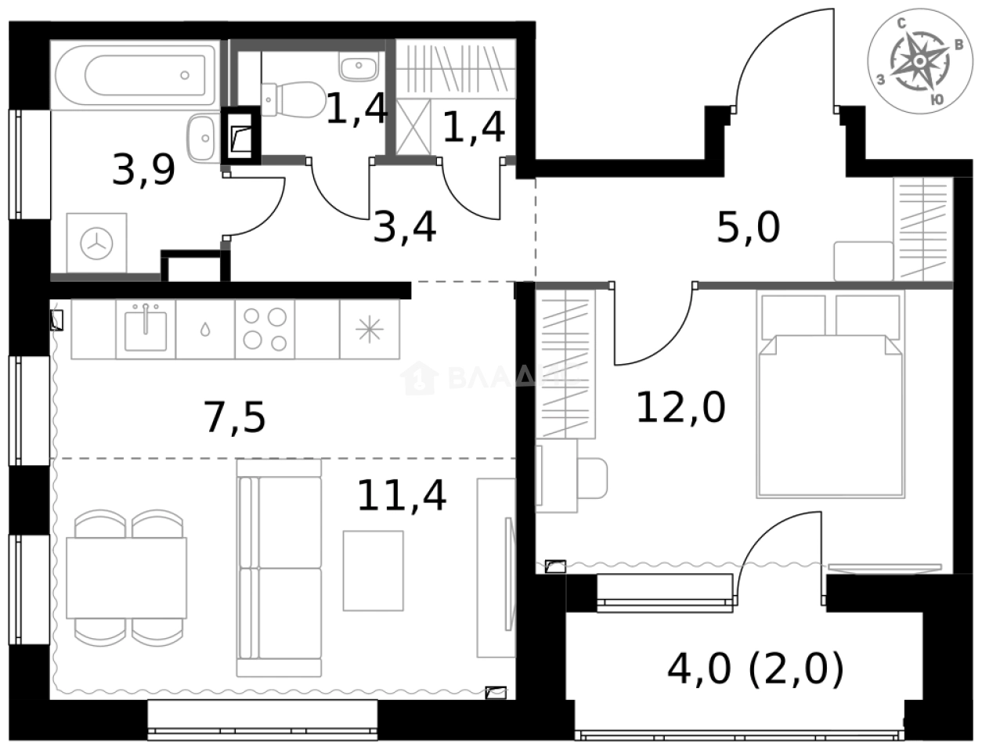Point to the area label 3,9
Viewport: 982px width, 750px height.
pyautogui.click(x=143, y=170)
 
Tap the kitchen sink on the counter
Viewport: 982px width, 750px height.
pyautogui.click(x=146, y=329)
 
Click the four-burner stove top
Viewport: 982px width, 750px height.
pyautogui.click(x=264, y=329)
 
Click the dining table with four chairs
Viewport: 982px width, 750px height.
pyautogui.click(x=126, y=577)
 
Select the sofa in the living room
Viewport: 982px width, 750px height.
pyautogui.click(x=280, y=568)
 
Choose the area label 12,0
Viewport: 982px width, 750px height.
pyautogui.click(x=680, y=407)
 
